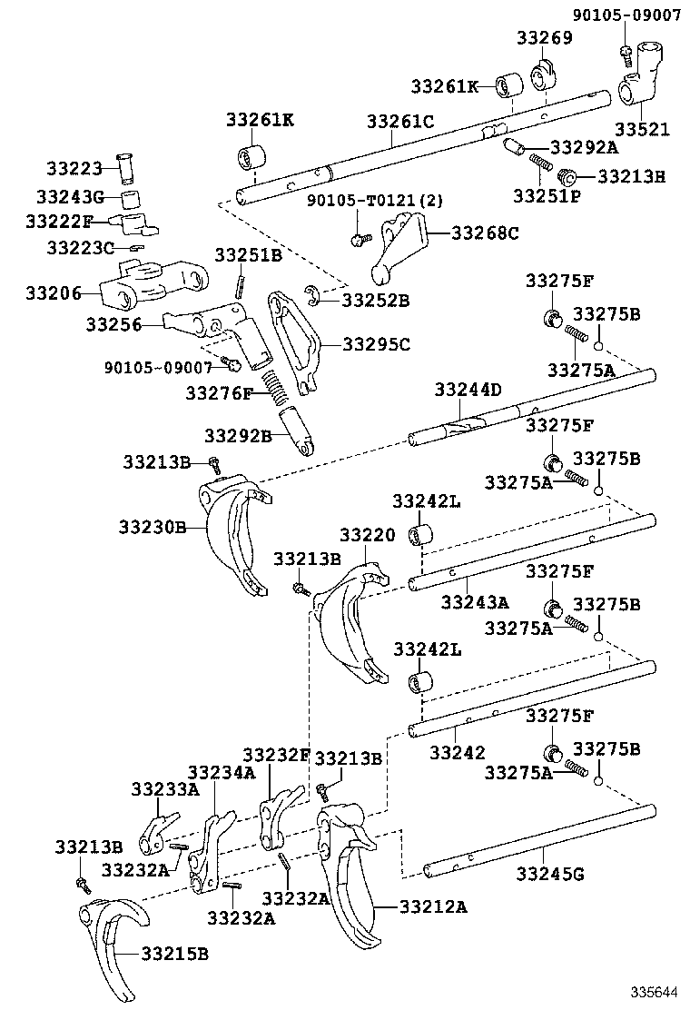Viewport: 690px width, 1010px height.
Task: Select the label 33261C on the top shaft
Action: click(x=400, y=121)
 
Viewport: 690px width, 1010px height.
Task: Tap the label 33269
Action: click(x=545, y=37)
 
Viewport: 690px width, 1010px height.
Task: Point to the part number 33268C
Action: click(x=485, y=233)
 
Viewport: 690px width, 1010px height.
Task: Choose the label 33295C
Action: click(x=376, y=344)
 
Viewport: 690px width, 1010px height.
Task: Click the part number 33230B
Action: click(x=152, y=527)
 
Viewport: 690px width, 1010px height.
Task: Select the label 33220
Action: click(x=368, y=536)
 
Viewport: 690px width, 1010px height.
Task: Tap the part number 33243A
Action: click(x=475, y=601)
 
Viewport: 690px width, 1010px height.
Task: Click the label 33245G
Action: click(x=549, y=875)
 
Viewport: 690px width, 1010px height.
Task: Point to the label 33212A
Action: click(x=433, y=906)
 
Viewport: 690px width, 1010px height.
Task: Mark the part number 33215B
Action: click(x=174, y=953)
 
